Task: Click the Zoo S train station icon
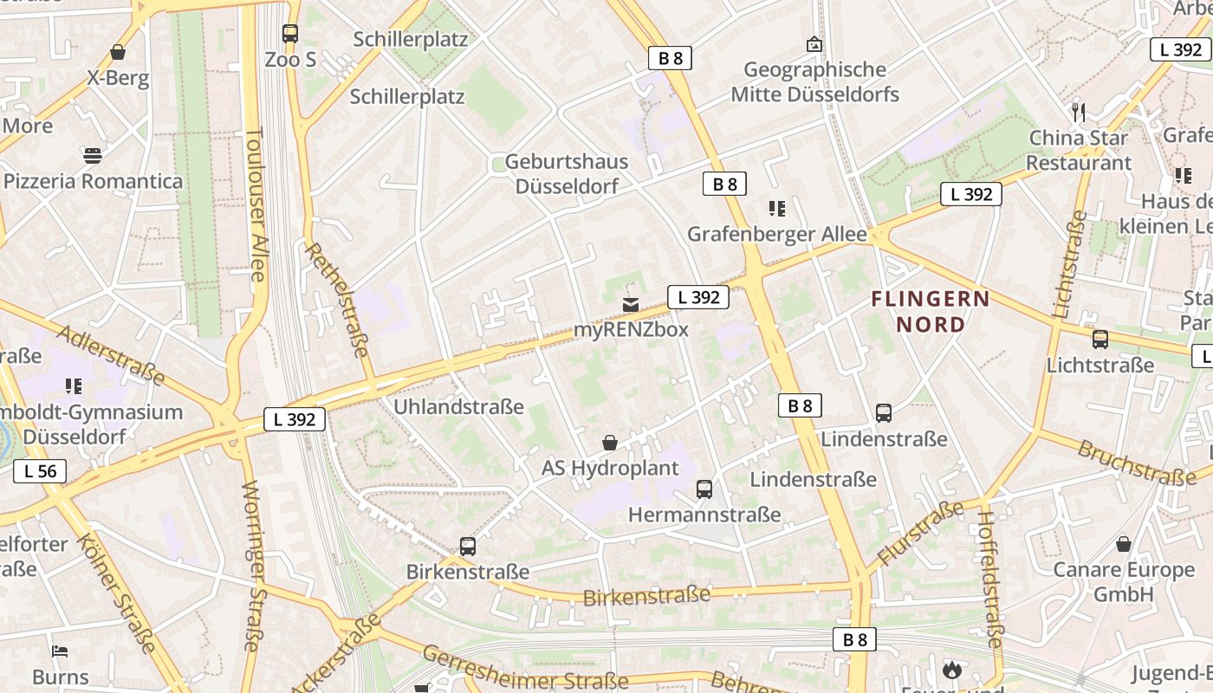(x=290, y=34)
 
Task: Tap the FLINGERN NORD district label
(x=931, y=312)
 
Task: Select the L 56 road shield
(x=40, y=471)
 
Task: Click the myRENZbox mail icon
(x=631, y=305)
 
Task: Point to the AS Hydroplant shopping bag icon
(x=610, y=443)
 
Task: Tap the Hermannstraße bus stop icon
(x=704, y=489)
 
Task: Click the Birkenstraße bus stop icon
(x=468, y=547)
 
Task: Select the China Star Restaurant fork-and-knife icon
(x=1079, y=112)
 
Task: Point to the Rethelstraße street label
(x=337, y=299)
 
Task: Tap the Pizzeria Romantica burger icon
(x=93, y=156)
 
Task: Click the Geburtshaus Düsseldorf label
(x=567, y=173)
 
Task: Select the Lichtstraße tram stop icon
(x=1100, y=340)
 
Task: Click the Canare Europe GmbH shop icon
(x=1124, y=544)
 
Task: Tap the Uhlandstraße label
(x=458, y=406)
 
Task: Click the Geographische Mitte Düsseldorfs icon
(x=814, y=44)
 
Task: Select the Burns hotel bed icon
(x=60, y=651)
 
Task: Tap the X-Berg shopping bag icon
(x=118, y=53)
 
